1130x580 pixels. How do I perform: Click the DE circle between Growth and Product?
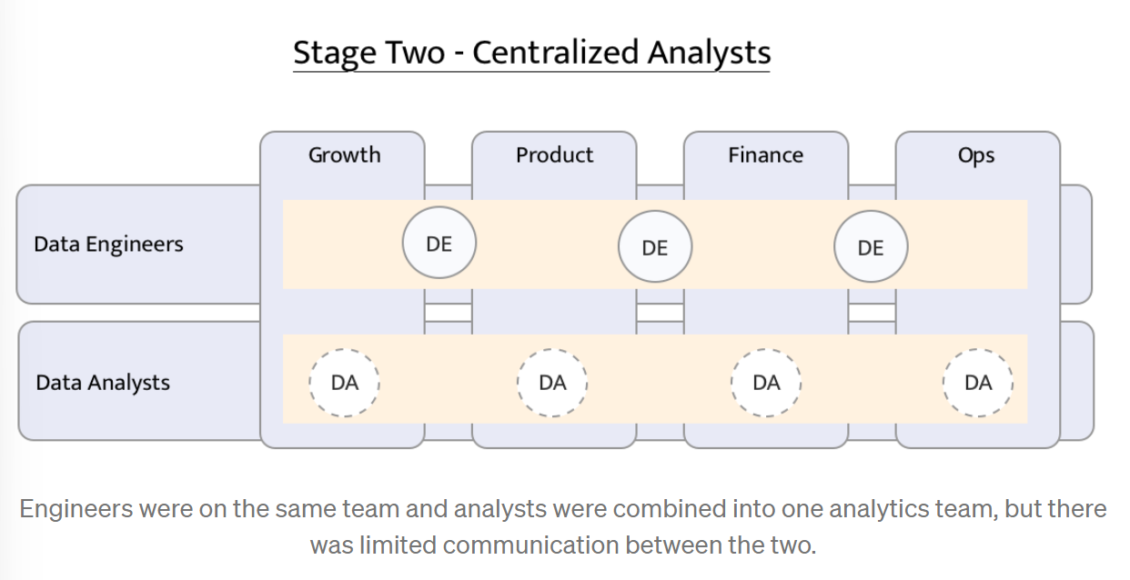coord(439,243)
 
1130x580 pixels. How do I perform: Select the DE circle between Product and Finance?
coord(655,246)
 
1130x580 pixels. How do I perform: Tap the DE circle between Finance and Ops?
coord(871,246)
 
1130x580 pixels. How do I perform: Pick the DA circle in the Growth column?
coord(345,383)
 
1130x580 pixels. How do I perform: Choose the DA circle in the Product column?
coord(552,383)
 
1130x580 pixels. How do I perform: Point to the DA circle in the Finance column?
coord(766,383)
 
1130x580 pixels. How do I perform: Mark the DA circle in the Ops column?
coord(978,383)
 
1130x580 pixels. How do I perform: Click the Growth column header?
coord(345,155)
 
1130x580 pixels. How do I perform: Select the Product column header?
coord(554,155)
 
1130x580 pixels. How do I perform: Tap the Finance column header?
coord(766,155)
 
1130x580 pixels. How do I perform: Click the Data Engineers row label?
coord(108,245)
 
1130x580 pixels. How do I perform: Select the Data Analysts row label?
coord(103,383)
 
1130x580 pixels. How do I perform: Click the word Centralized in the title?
coord(556,53)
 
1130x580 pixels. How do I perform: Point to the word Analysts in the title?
coord(710,54)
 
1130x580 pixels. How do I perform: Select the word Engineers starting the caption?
coord(76,509)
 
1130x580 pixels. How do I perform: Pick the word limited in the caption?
coord(398,545)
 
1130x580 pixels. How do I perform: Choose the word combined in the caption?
coord(679,508)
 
